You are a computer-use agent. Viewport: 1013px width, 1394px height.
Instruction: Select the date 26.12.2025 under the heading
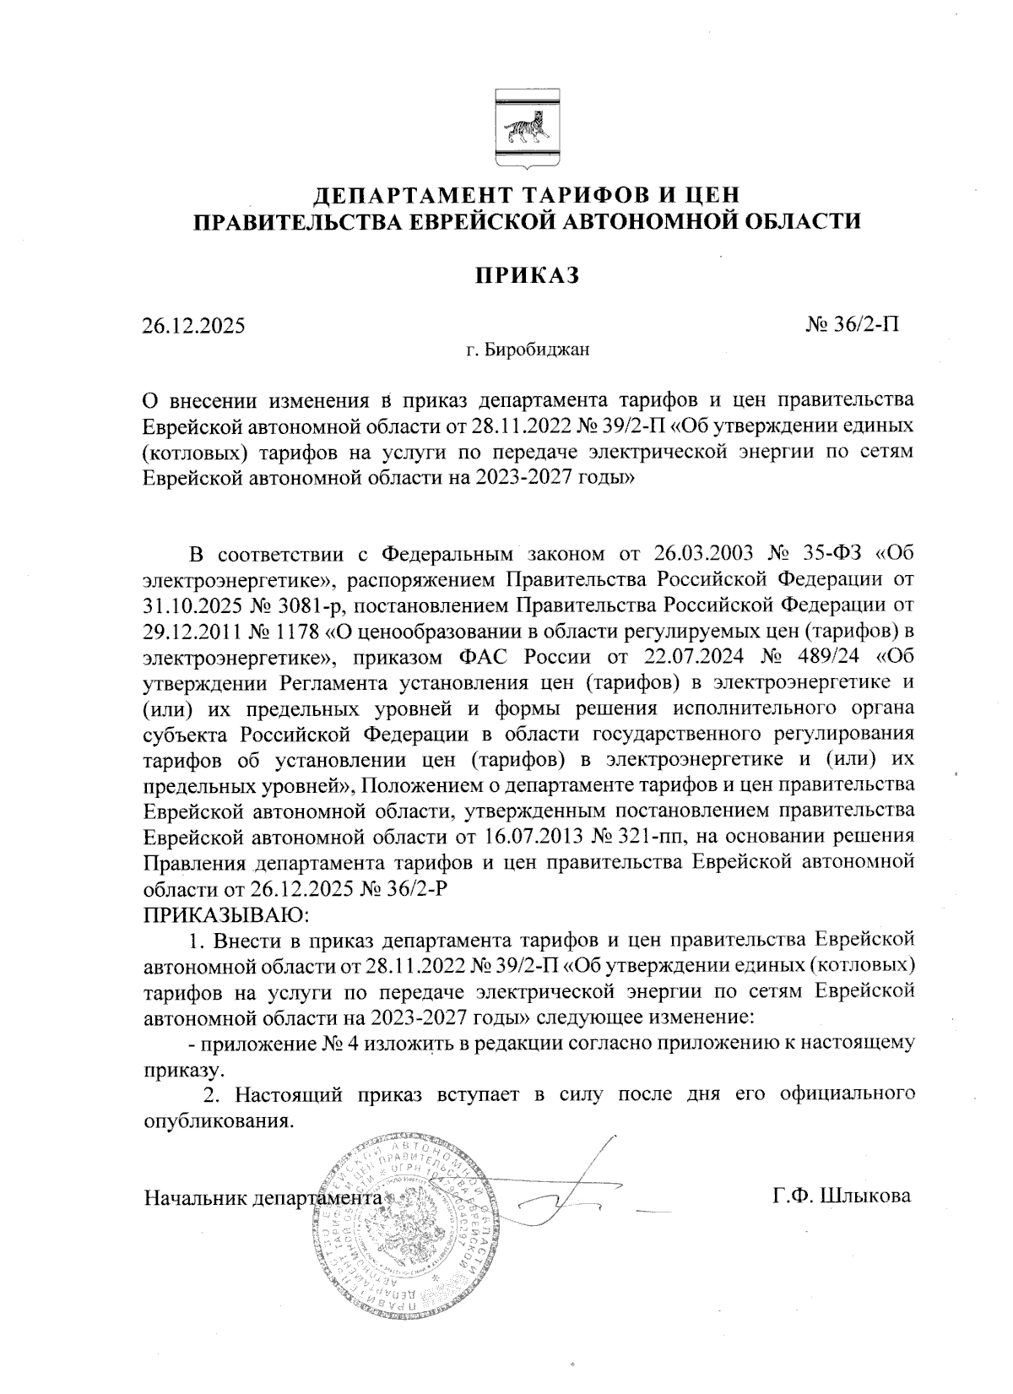tap(193, 325)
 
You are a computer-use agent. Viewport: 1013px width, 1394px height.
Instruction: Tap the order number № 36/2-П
tap(853, 323)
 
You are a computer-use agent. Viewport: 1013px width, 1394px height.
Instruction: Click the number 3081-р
tap(312, 605)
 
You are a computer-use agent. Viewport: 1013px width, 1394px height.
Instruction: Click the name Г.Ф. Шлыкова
tap(842, 1196)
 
